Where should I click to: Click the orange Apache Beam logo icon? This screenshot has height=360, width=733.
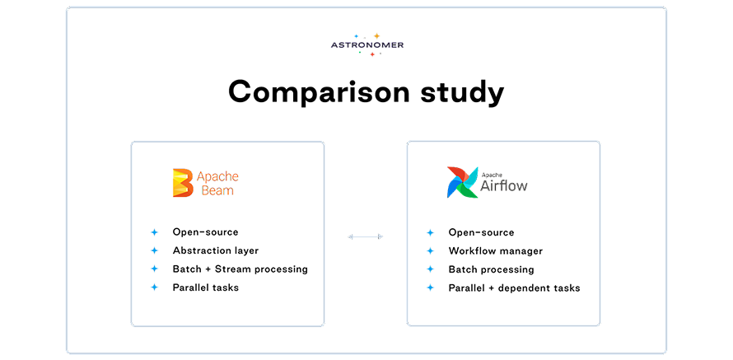[x=181, y=183]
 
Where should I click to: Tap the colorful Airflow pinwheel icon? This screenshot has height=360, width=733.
[x=461, y=183]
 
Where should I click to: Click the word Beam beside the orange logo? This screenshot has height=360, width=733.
[x=218, y=191]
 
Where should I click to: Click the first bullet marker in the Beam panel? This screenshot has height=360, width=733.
[x=162, y=231]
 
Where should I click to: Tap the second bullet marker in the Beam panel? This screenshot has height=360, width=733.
[x=162, y=250]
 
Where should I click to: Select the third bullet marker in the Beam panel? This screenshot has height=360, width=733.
[x=162, y=269]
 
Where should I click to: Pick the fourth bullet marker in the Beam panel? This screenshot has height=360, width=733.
[x=162, y=288]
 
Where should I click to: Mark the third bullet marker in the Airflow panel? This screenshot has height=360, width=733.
[x=437, y=269]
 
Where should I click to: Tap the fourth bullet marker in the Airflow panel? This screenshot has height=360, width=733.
[x=437, y=288]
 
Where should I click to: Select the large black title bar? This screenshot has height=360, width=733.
[x=445, y=92]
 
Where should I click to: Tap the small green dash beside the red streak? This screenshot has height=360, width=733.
[x=363, y=54]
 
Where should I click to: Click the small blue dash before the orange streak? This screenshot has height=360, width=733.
[x=362, y=36]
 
